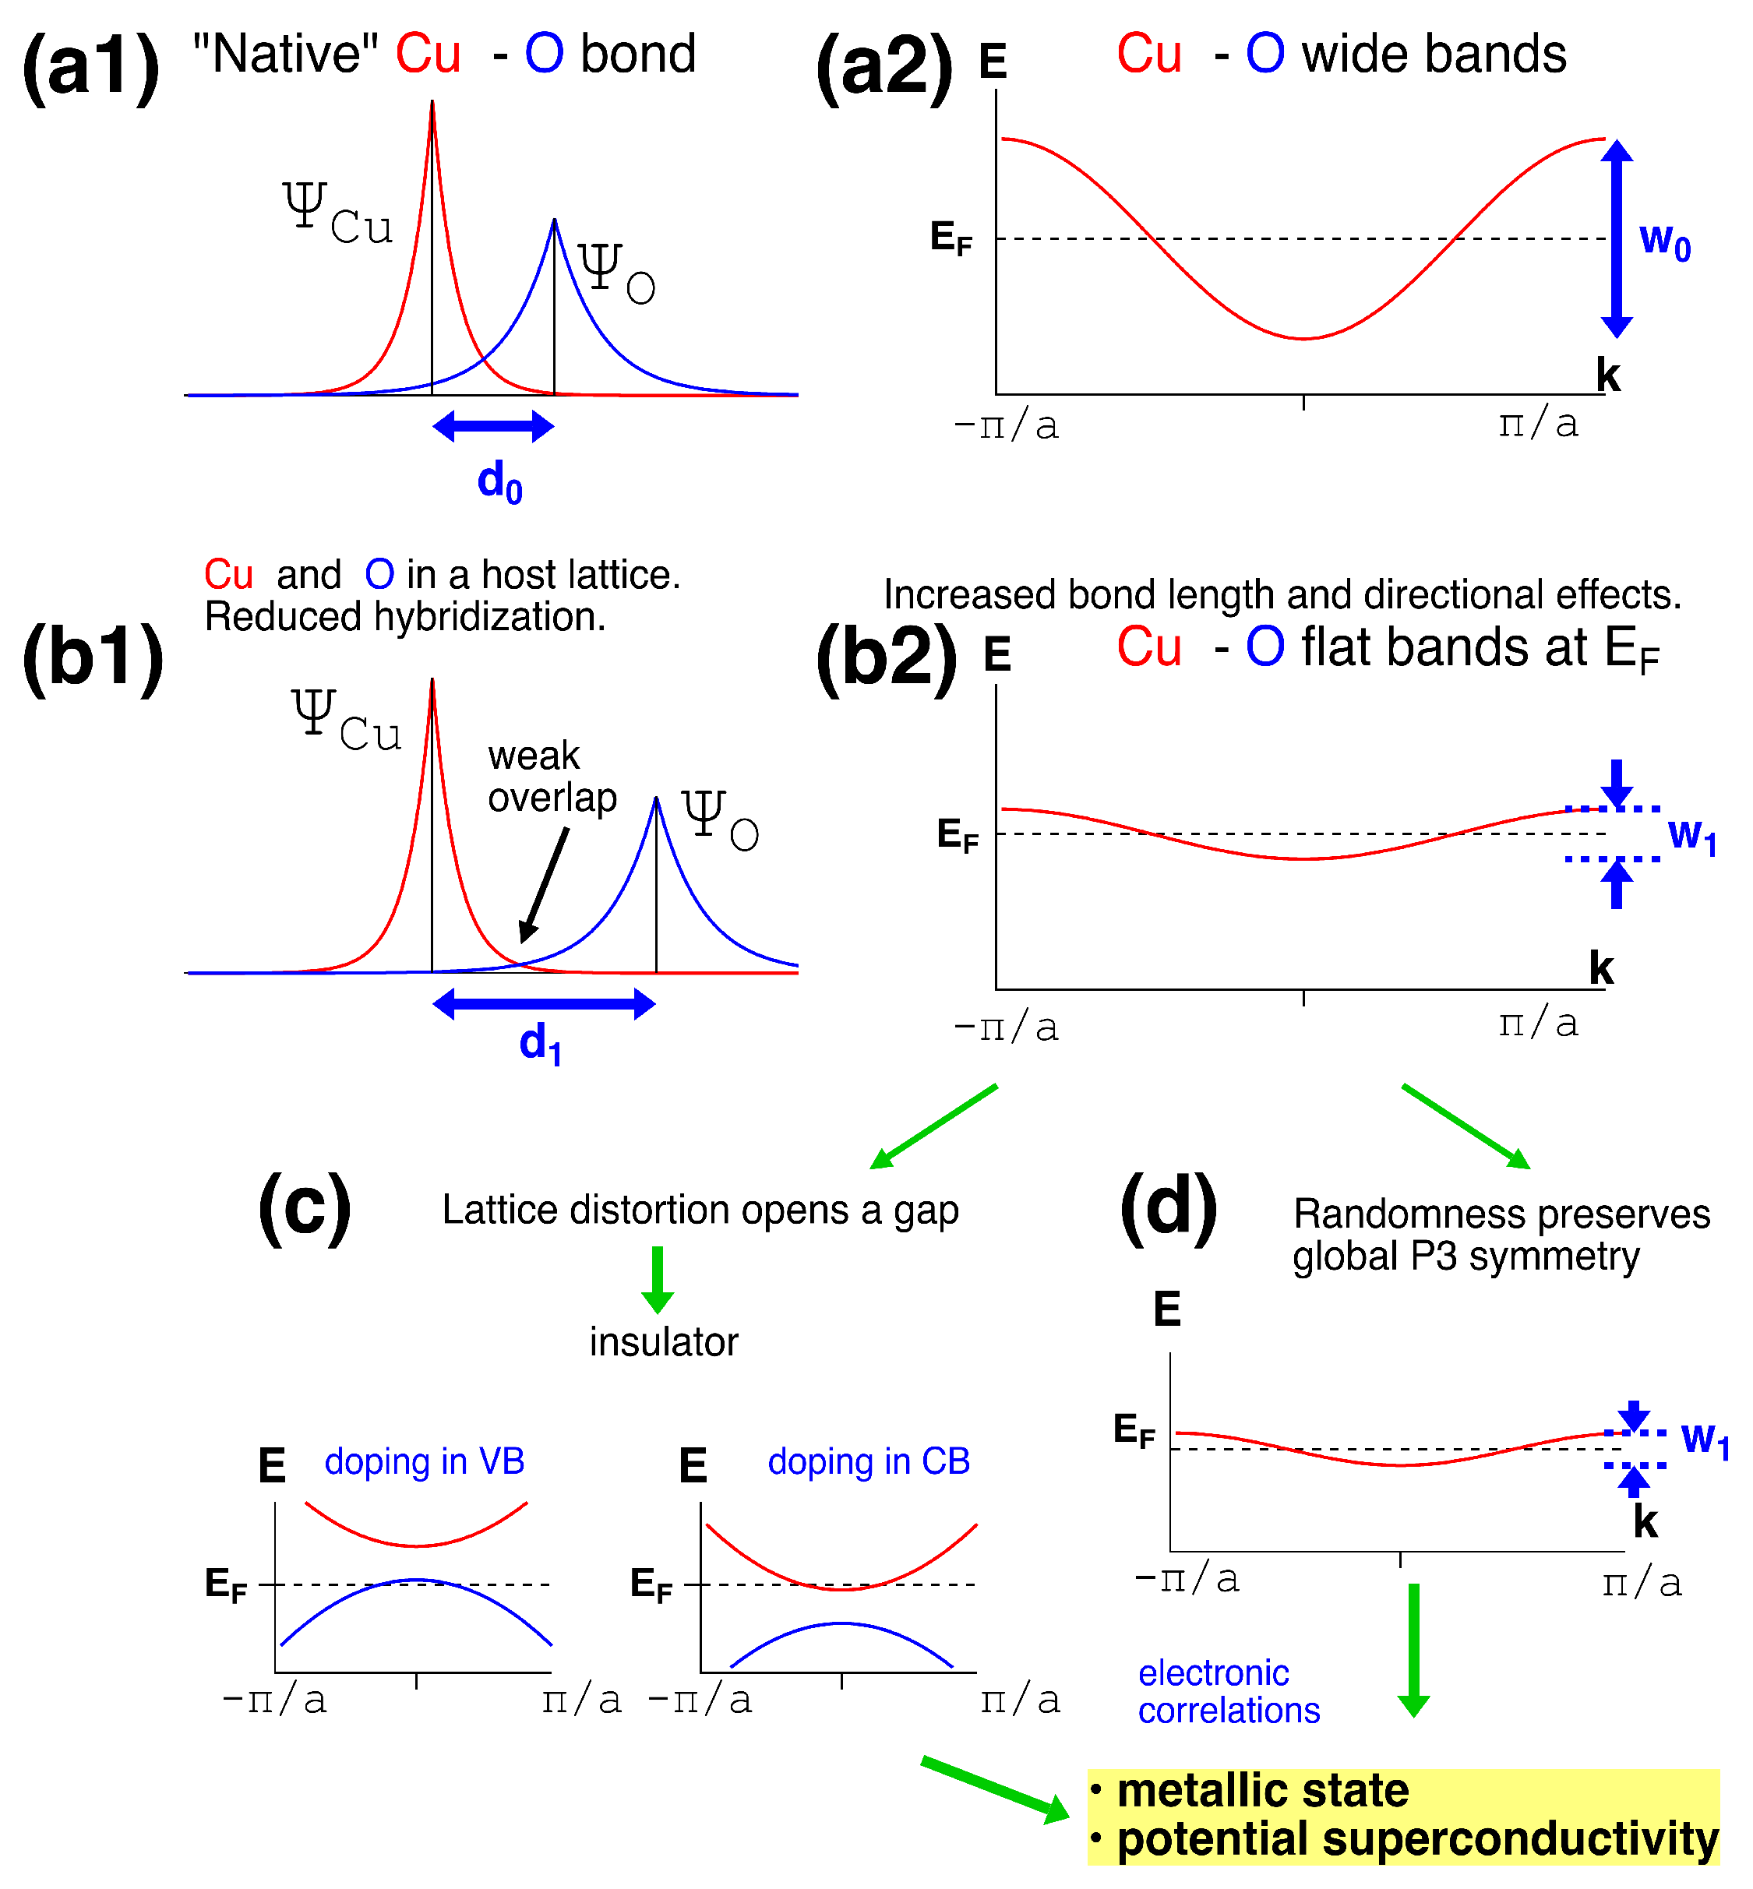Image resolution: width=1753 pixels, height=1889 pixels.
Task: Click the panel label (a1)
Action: pyautogui.click(x=91, y=66)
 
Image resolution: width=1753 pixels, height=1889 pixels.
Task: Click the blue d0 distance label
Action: pyautogui.click(x=499, y=481)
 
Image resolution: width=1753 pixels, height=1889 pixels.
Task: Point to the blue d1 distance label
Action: pyautogui.click(x=541, y=1043)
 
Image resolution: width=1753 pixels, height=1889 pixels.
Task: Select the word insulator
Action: pyautogui.click(x=663, y=1342)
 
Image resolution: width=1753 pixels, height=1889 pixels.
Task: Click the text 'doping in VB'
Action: pyautogui.click(x=424, y=1461)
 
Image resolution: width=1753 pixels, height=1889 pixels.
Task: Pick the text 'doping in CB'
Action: pyautogui.click(x=868, y=1461)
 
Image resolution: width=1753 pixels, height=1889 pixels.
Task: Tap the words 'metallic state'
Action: pyautogui.click(x=1261, y=1792)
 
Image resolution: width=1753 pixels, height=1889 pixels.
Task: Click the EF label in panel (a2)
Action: pyautogui.click(x=951, y=237)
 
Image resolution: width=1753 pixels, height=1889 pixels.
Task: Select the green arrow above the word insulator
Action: pyautogui.click(x=658, y=1279)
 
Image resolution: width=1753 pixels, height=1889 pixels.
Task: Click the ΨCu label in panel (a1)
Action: pyautogui.click(x=337, y=214)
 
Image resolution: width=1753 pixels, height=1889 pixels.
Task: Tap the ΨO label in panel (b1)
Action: pyautogui.click(x=720, y=820)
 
